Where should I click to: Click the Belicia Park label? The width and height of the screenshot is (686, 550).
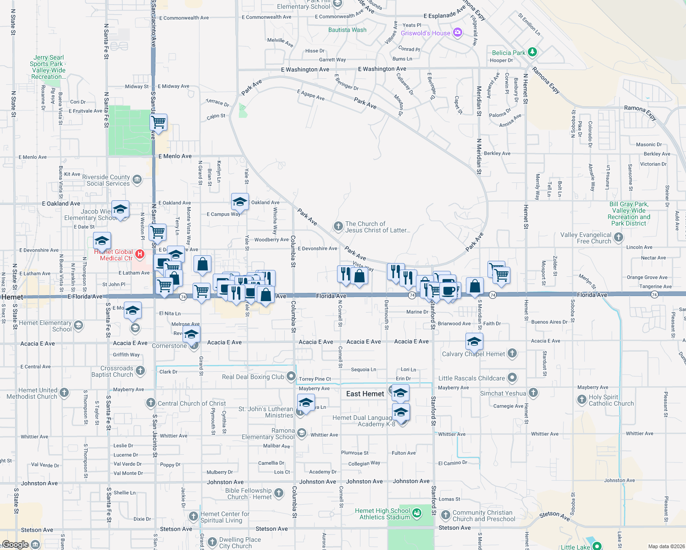coord(509,53)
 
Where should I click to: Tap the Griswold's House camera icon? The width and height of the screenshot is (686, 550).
coord(457,33)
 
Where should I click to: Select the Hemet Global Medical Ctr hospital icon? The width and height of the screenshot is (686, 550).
coord(140,254)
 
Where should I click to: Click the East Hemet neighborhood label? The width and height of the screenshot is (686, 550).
coord(365,394)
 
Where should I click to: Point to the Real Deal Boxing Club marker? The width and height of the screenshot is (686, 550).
coord(291,377)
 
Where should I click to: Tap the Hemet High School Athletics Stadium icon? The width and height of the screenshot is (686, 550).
coord(416,513)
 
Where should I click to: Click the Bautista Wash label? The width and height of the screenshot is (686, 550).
coord(347,30)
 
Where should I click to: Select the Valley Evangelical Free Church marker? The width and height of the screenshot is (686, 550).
coord(619,237)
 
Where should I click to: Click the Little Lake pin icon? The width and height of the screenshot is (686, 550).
coord(597,546)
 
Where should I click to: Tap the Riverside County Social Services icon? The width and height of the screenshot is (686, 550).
coord(137,180)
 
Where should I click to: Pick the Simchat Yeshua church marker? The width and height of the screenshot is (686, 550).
coord(533,393)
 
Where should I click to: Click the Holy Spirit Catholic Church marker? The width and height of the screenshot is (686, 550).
coord(581,400)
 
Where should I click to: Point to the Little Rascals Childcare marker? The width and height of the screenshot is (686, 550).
coord(512,378)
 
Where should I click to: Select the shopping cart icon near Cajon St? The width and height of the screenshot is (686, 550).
coord(158,123)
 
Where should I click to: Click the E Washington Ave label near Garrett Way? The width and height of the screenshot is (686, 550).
coord(305,70)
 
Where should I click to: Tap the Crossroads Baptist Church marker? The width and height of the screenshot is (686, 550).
coord(140,370)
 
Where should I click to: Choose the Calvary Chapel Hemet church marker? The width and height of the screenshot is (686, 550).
coord(512,353)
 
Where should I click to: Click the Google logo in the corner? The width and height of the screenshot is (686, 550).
coord(15,544)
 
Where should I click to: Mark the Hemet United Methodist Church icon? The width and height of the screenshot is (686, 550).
coord(64,392)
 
